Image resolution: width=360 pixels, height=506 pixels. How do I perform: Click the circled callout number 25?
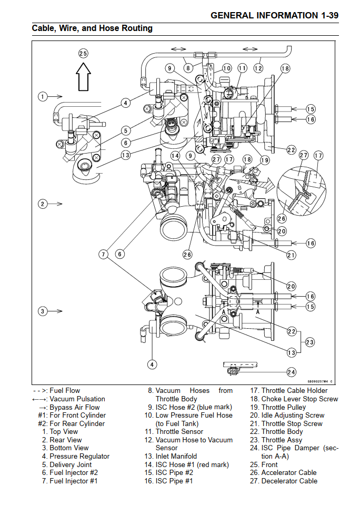coord(83,53)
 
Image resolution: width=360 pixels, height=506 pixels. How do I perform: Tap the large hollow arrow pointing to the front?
coord(83,76)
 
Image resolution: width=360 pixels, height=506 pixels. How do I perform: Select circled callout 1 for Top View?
coord(43,96)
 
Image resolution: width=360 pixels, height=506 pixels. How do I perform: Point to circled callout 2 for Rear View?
coord(43,204)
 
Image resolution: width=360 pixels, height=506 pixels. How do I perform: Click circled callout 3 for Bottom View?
coord(43,311)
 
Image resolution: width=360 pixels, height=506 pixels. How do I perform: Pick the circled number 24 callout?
coord(291,372)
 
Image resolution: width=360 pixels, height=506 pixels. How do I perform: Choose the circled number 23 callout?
coord(310,342)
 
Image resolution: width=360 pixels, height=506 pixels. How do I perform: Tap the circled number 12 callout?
coord(258,68)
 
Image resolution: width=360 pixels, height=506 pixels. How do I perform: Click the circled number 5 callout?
coord(125,130)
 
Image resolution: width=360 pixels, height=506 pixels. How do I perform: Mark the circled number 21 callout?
coord(291,255)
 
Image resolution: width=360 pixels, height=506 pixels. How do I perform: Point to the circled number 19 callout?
coord(264,160)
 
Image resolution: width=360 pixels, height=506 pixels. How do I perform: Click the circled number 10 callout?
coord(226,68)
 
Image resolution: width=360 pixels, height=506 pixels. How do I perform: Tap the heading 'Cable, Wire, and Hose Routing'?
coord(92,28)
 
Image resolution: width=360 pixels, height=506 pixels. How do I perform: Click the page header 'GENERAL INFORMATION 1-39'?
coord(274,15)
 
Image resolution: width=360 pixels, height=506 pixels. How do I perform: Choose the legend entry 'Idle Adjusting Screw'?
coord(293,415)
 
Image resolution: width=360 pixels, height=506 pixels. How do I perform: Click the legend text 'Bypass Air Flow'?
coord(74,407)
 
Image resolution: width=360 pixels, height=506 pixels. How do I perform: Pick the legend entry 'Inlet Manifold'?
coord(176,456)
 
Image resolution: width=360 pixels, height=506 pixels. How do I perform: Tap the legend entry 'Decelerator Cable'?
coord(289,481)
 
